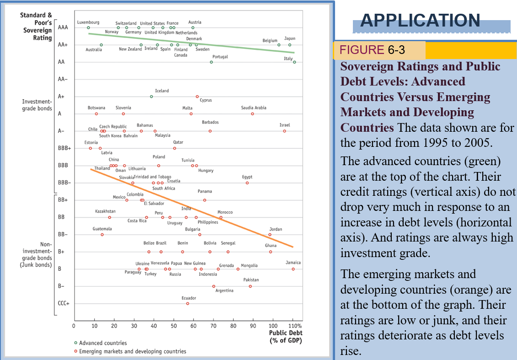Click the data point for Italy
click(x=294, y=62)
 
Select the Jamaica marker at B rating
click(x=293, y=269)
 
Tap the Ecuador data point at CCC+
click(x=187, y=303)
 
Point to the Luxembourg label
click(x=88, y=22)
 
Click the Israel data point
click(x=284, y=131)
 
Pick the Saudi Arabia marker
click(x=252, y=113)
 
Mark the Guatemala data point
click(x=102, y=234)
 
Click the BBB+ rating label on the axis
click(x=64, y=148)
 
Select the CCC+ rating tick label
click(x=64, y=303)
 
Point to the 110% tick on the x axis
click(x=296, y=326)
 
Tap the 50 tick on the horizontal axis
click(x=173, y=326)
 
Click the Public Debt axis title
click(x=285, y=336)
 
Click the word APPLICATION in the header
click(x=420, y=20)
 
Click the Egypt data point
click(x=247, y=183)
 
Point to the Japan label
click(x=290, y=39)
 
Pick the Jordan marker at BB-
click(x=270, y=234)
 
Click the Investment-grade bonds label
click(x=37, y=105)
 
